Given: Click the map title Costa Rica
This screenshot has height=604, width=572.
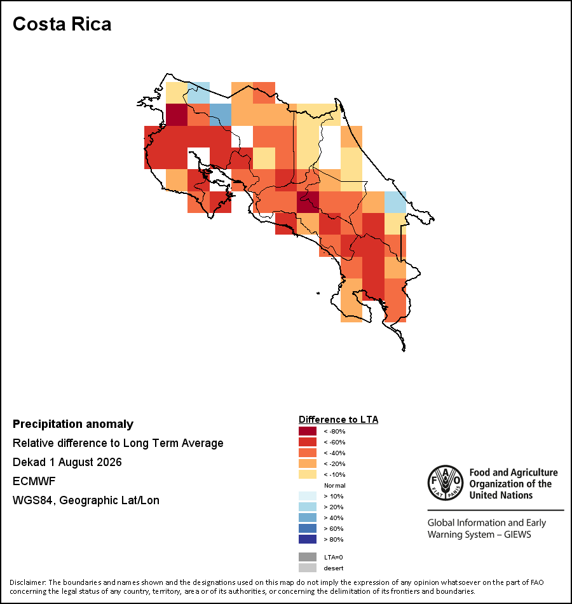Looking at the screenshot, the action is point(62,24).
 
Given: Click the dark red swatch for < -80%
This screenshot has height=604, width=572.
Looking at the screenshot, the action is point(308,431).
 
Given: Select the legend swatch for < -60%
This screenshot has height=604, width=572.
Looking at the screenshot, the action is point(308,442).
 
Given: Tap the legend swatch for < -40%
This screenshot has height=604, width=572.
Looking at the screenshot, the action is point(308,453).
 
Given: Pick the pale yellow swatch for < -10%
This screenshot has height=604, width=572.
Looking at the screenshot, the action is point(308,474).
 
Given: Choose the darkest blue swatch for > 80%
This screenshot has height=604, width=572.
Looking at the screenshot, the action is point(308,539).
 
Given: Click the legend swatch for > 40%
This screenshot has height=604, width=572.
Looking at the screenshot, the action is point(308,518).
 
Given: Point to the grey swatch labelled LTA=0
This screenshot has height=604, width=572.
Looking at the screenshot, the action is point(308,557).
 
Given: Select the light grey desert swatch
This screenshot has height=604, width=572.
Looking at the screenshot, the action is point(308,568).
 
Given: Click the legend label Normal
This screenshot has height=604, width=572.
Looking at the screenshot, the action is point(335,485).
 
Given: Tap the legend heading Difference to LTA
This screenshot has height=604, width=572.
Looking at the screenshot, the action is point(338,420).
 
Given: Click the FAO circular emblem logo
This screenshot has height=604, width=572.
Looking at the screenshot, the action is point(446,483).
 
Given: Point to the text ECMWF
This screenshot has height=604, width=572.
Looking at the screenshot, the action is point(34,481).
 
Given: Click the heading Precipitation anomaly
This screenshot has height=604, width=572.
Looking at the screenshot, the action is point(73,423).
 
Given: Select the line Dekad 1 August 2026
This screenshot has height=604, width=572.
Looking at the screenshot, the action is point(67,462).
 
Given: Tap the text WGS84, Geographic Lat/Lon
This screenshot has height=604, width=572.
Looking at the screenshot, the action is point(86,500).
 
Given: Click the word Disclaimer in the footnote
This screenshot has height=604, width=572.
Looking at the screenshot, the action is point(27,582).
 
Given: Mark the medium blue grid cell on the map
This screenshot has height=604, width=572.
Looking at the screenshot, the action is point(221,115).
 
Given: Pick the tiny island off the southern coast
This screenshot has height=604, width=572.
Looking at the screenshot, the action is point(318,293).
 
